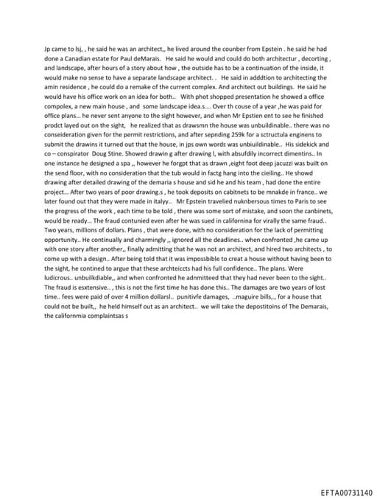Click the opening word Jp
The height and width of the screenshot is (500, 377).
[x=49, y=46]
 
